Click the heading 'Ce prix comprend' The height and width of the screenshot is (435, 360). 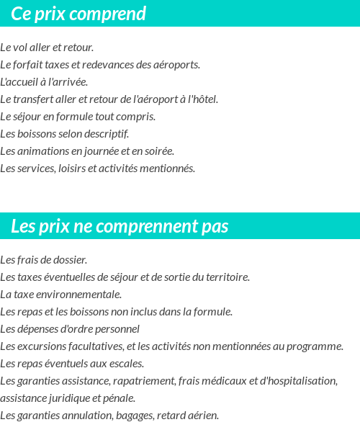pos(78,14)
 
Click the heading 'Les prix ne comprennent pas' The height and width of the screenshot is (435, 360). pos(120,226)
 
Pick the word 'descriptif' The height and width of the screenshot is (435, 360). pos(107,134)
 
